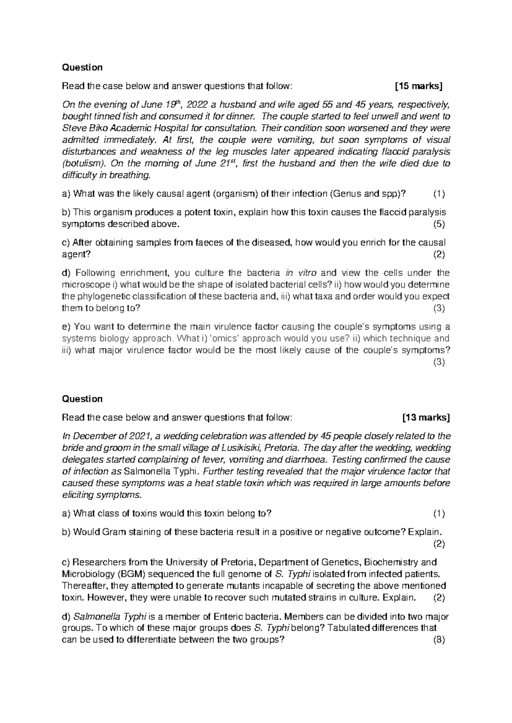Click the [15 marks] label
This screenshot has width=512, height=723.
coord(419,87)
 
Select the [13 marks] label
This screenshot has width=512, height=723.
coord(426,417)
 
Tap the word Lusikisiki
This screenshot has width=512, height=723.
coord(241,448)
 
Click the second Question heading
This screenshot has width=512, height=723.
coord(82,399)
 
